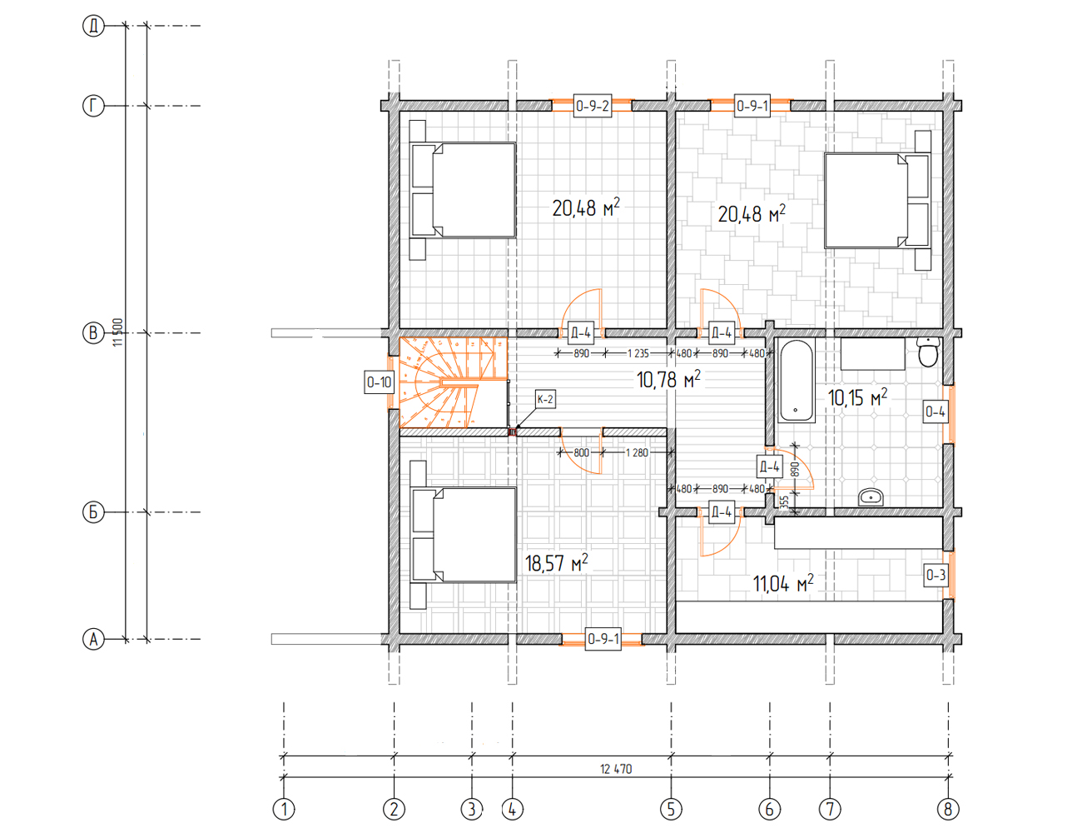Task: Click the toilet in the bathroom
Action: [928, 352]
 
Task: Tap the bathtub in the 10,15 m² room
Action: [797, 380]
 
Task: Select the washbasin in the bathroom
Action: [871, 497]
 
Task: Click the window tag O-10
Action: [379, 382]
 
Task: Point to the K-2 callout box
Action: [545, 399]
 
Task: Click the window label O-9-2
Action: [593, 106]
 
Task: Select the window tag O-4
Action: [936, 412]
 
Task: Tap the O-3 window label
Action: [936, 575]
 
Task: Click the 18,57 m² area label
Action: [556, 563]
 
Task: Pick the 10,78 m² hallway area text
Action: [668, 380]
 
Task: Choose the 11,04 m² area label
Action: [783, 583]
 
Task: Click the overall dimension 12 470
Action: [616, 769]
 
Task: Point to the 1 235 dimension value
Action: [638, 353]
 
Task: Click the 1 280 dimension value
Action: [637, 452]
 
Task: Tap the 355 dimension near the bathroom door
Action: [785, 501]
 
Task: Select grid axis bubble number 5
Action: [671, 810]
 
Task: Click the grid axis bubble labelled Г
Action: [93, 106]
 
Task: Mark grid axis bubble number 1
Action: [284, 810]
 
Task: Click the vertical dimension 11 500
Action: [117, 332]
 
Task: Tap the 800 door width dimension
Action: [581, 452]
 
